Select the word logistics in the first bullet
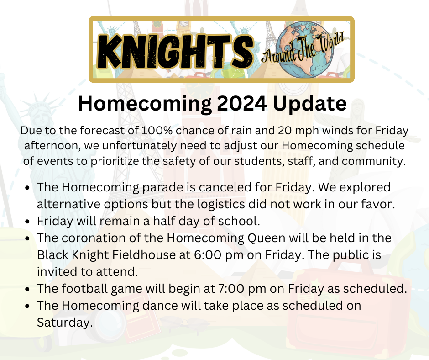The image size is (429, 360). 246,204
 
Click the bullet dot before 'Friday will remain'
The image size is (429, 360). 28,222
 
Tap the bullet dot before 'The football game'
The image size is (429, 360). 28,289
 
